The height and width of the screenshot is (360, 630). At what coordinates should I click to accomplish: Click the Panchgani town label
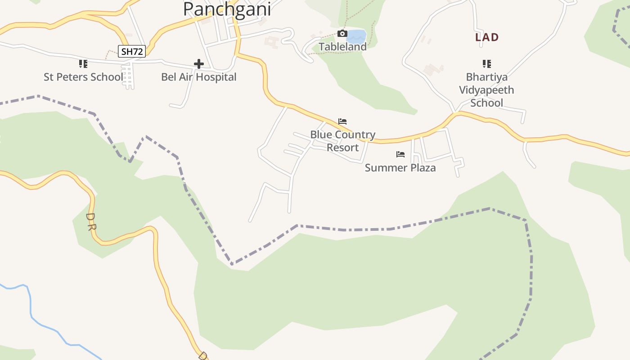pos(227,9)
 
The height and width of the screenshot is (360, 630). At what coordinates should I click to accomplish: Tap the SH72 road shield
pos(132,51)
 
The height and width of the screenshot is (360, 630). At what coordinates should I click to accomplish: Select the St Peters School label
pos(83,77)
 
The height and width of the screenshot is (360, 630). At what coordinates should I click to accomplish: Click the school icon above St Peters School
pos(83,64)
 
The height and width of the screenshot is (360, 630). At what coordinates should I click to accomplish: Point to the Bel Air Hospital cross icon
pos(198,64)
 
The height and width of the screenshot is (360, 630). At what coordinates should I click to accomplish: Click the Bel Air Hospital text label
pos(198,77)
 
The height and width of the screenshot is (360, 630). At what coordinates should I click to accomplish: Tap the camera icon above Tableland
pos(342,34)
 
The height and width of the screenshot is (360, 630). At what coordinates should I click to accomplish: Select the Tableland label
pos(342,46)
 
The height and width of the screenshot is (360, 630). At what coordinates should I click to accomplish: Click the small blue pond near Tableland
pos(356,36)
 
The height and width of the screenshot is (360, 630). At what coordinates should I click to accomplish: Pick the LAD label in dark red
pos(487,37)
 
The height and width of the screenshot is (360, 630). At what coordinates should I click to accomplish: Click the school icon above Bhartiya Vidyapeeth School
pos(486,64)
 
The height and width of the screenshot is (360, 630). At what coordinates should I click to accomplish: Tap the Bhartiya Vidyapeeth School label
pos(486,90)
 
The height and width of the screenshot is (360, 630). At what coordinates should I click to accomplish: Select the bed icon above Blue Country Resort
pos(342,121)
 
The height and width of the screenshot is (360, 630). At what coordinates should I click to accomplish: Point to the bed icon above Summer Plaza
pos(400,154)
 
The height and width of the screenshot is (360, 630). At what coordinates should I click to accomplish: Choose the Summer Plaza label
pos(400,168)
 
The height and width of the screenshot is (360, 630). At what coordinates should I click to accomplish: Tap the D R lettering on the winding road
pos(90,221)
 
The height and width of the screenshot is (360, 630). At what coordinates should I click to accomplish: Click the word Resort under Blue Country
pos(342,148)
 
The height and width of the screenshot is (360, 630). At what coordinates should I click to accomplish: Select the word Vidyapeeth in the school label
pos(486,90)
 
